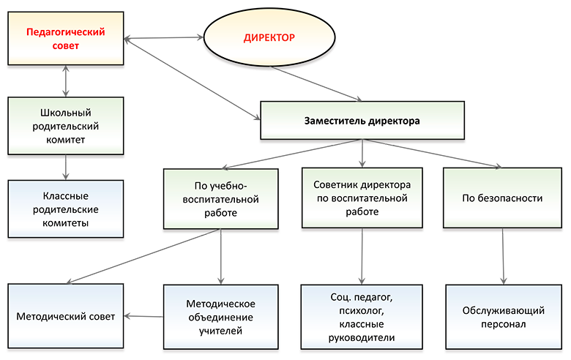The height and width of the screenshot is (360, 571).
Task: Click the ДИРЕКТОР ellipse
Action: pyautogui.click(x=269, y=37)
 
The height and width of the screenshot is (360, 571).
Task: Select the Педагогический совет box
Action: pyautogui.click(x=66, y=39)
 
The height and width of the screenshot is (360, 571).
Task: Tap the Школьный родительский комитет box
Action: pyautogui.click(x=66, y=126)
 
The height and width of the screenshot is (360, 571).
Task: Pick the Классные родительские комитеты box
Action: pyautogui.click(x=66, y=209)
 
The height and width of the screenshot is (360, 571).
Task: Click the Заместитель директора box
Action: pyautogui.click(x=362, y=121)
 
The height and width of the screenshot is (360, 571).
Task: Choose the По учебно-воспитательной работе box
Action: pyautogui.click(x=220, y=199)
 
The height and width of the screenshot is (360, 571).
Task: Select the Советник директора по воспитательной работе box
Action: pyautogui.click(x=362, y=198)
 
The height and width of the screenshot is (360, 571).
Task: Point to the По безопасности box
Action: pyautogui.click(x=502, y=198)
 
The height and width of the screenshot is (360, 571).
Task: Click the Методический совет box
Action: pyautogui.click(x=66, y=316)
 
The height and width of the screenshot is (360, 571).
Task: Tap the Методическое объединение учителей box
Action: pyautogui.click(x=220, y=317)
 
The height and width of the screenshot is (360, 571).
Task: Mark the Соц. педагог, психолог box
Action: pyautogui.click(x=362, y=317)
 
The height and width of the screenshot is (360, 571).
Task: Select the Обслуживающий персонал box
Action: pyautogui.click(x=504, y=317)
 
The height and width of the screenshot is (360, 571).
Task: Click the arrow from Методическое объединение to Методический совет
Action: pyautogui.click(x=143, y=316)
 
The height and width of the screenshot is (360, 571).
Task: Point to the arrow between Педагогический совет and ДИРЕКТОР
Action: pyautogui.click(x=163, y=38)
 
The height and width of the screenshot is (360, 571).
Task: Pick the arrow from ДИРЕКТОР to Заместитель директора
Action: pyautogui.click(x=316, y=83)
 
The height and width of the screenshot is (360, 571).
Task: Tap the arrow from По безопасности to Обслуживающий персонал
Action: pyautogui.click(x=503, y=256)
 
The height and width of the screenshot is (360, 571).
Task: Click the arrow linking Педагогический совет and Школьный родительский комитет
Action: pyautogui.click(x=66, y=81)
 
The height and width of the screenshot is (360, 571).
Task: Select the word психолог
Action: pyautogui.click(x=361, y=310)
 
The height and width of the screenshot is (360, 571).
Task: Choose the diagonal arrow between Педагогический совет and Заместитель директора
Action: pyautogui.click(x=193, y=78)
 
